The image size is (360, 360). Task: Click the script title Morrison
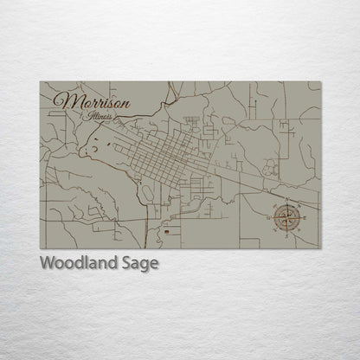[93, 103]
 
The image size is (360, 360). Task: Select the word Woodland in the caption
[74, 264]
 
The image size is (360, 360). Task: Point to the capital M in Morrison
[62, 102]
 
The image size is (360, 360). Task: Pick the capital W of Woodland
[46, 264]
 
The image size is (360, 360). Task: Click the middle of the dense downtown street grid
[160, 156]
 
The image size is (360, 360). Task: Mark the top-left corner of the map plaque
[41, 82]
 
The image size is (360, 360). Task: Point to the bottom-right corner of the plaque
[320, 248]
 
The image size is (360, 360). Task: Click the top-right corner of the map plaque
[320, 82]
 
